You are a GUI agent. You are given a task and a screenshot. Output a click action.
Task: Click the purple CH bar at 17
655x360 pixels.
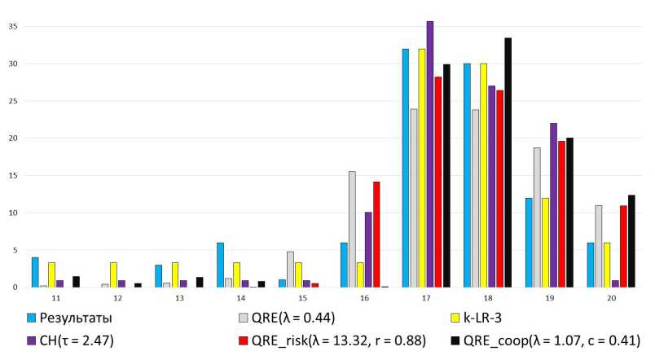click(429, 155)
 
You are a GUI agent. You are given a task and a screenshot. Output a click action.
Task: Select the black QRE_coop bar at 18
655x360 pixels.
click(508, 163)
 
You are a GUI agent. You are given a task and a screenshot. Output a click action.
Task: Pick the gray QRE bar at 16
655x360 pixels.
click(352, 229)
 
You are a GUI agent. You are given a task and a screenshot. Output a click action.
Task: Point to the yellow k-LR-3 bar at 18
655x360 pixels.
click(483, 175)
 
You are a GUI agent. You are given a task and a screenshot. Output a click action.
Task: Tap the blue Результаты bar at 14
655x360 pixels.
click(220, 265)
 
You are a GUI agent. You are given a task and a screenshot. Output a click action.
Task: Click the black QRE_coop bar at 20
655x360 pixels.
click(631, 241)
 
